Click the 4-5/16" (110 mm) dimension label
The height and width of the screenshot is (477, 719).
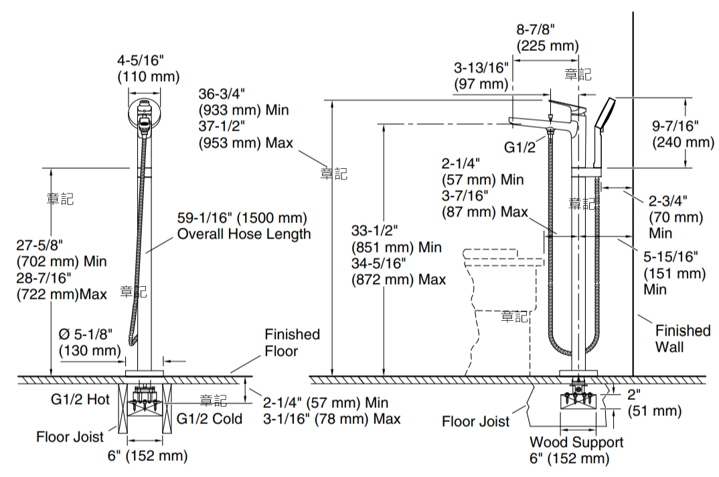(148, 68)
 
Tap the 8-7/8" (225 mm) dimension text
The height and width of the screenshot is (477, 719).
(548, 38)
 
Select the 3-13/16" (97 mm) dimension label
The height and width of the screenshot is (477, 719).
(481, 76)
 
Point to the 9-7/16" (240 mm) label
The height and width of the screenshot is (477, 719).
(683, 133)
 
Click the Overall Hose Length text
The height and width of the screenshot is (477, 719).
(244, 234)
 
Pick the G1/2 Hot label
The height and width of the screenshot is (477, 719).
(80, 399)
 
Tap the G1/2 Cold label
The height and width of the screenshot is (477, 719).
(209, 418)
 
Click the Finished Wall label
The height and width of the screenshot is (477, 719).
(682, 338)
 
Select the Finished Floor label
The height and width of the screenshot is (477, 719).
(292, 342)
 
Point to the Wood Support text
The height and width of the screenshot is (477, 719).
(576, 441)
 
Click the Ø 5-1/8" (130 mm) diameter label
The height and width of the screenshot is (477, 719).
(90, 342)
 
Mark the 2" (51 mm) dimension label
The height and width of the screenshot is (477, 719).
(654, 402)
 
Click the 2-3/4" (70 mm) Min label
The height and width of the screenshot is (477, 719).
(675, 216)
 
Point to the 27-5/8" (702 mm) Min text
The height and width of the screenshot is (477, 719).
(62, 253)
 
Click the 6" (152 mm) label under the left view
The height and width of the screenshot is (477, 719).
(148, 456)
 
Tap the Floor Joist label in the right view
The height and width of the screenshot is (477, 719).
(475, 421)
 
